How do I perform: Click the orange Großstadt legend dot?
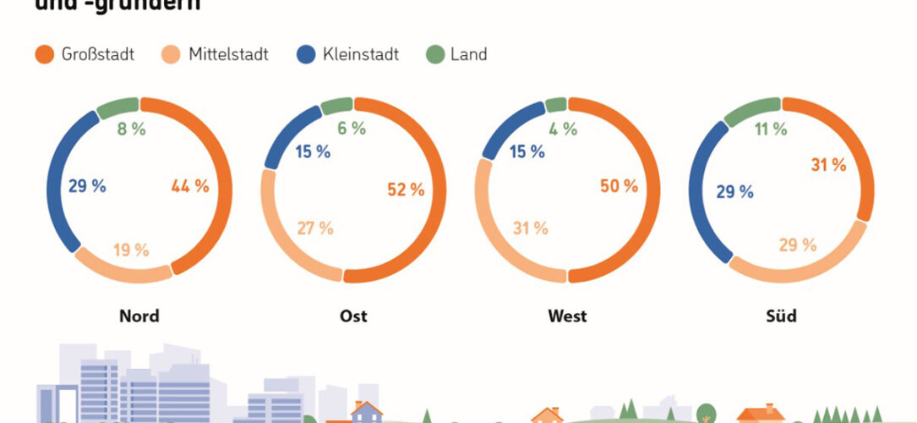pos(45,55)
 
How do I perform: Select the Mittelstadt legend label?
pos(229,55)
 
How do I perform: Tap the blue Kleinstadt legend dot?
pos(306,55)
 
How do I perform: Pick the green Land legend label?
pos(467,55)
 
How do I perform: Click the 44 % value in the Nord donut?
pos(189,186)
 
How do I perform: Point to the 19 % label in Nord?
pos(131,250)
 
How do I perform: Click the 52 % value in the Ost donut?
pos(406,190)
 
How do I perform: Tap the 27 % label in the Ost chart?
pos(314,228)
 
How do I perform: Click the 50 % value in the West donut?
pos(619,186)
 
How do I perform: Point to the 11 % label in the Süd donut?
pos(770,129)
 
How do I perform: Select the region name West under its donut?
pos(566,317)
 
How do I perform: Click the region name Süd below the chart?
pos(781,317)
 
